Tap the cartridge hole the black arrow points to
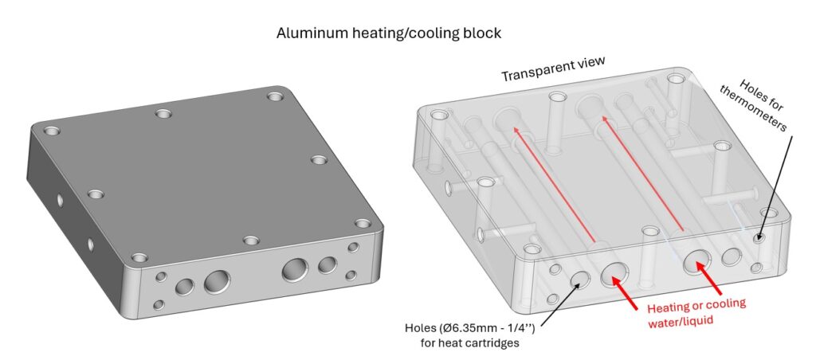(579, 278)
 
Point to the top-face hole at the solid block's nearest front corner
(139, 257)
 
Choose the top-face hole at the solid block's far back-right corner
(275, 96)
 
